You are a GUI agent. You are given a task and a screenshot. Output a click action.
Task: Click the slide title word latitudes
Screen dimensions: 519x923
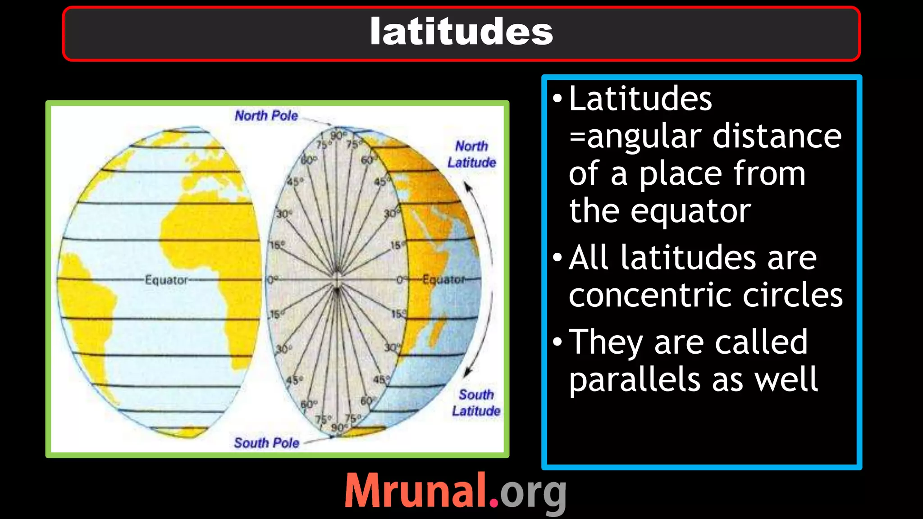click(x=461, y=32)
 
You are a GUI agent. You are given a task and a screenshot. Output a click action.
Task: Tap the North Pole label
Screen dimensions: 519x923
click(x=266, y=116)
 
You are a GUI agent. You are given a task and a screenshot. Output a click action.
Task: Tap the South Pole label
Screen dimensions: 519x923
click(x=266, y=443)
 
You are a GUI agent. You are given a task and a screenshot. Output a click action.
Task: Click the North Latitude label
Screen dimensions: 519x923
click(x=471, y=155)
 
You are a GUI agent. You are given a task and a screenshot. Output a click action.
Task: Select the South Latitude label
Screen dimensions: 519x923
click(x=476, y=403)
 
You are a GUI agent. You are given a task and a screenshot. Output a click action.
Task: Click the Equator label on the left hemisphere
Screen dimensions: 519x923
click(x=166, y=280)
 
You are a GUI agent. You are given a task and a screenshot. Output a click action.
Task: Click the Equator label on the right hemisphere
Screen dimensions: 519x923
click(x=443, y=280)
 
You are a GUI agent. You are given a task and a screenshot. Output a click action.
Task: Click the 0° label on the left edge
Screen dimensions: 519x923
click(x=273, y=280)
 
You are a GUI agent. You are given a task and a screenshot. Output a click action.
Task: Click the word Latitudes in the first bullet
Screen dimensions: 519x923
click(x=640, y=99)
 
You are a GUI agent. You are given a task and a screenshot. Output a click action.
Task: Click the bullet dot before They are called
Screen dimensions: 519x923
click(x=557, y=342)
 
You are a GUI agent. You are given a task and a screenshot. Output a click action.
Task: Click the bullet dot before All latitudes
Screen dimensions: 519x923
click(x=557, y=258)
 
